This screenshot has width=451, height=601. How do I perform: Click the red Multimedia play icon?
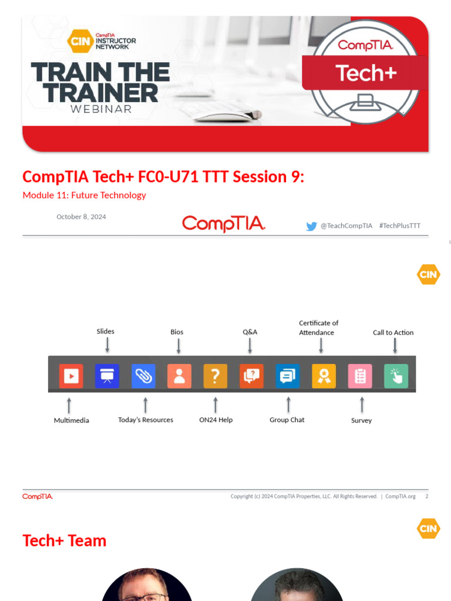pos(71,376)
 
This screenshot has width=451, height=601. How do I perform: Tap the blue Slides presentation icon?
pos(107,376)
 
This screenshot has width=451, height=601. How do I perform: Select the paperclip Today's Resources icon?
pos(143,376)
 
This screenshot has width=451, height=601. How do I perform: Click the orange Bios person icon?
pos(179,376)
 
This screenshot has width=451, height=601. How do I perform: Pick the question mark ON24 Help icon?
pos(216,376)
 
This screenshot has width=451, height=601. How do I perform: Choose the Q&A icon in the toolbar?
pos(251,376)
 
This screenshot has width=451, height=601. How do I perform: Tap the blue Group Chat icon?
pos(288,376)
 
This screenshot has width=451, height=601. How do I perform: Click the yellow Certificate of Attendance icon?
pos(324,376)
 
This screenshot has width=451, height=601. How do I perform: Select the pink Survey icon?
pos(360,376)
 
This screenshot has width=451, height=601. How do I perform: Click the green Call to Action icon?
pos(396,376)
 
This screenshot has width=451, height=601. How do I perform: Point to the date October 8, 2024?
pos(81,217)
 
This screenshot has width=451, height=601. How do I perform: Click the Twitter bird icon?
pos(311,226)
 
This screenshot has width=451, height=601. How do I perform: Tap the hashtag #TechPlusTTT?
pos(400,226)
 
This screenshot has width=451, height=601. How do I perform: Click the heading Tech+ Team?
pos(64,541)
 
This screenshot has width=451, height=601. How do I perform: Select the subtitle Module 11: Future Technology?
pos(84,195)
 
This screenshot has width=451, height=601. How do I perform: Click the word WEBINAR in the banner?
pos(100,109)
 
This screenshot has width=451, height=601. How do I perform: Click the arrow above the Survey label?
pos(362,404)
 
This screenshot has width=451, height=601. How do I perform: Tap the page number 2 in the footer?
pos(426,497)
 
